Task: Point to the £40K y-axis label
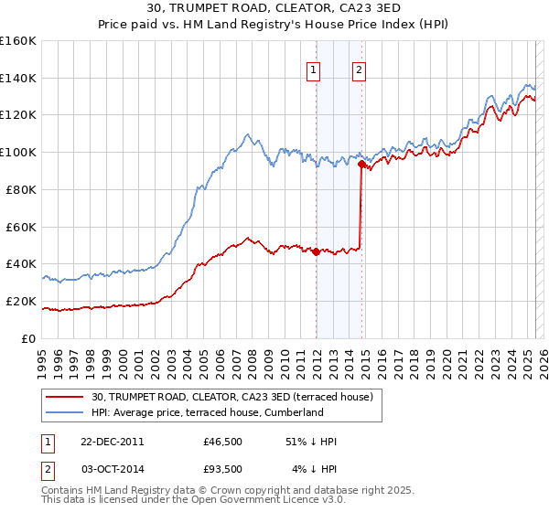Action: (x=21, y=263)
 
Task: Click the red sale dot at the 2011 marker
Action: (x=317, y=251)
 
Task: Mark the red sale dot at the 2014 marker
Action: (x=361, y=165)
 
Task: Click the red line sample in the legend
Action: (x=66, y=398)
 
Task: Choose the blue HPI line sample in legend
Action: (x=66, y=412)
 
